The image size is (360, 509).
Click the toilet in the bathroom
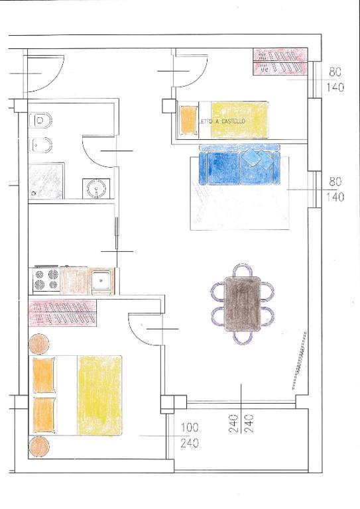40,121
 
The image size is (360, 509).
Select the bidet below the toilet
40,145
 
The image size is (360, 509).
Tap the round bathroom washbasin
96,189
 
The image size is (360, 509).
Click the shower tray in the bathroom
46,181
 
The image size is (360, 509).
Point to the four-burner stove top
46,280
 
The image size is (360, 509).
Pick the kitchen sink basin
101,280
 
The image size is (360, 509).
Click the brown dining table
243,304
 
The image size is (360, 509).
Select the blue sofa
240,165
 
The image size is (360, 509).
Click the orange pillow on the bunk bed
188,119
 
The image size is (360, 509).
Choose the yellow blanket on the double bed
99,395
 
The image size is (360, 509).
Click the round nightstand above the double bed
39,344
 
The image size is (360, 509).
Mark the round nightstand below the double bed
39,447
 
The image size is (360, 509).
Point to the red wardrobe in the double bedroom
62,313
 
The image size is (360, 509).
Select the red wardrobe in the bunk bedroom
280,62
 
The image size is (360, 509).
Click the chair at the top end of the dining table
243,270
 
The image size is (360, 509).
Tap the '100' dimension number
190,427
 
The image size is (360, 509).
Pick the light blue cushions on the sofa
258,159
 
